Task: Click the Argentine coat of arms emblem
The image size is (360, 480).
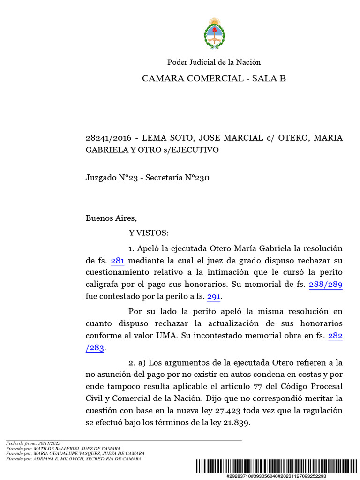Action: tap(214, 34)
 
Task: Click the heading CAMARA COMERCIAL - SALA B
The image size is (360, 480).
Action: tap(214, 78)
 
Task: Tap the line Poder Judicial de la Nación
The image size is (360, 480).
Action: tap(214, 62)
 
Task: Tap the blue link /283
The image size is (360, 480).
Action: tap(95, 348)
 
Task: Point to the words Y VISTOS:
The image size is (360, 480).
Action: tap(148, 233)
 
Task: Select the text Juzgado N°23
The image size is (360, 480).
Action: tap(112, 178)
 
